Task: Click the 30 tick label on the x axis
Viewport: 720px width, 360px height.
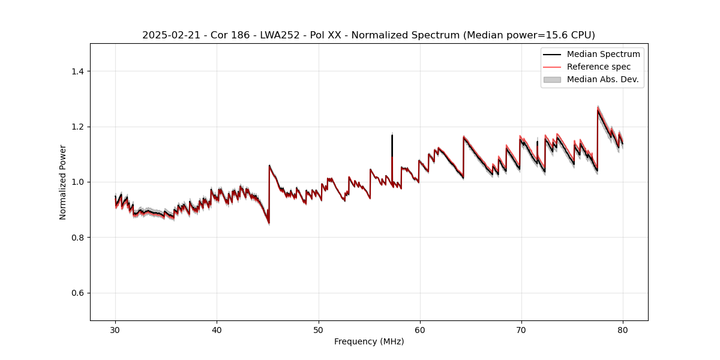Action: coord(116,330)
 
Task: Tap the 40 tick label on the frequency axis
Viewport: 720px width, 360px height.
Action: coord(217,330)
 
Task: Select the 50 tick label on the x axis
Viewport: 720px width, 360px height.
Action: coord(319,330)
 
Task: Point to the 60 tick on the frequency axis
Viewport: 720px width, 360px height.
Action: coord(420,330)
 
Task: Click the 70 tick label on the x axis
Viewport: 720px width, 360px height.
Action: coord(521,330)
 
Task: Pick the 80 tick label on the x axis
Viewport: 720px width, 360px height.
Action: coord(623,330)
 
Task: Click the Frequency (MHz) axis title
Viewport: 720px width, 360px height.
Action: coord(369,342)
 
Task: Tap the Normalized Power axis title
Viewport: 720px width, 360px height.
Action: coord(62,182)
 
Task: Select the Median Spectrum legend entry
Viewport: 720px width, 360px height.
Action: coord(603,54)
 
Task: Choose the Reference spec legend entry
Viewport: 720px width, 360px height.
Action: coord(598,67)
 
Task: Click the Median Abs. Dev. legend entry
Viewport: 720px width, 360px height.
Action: coord(602,79)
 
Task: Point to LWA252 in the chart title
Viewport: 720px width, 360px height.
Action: coord(273,35)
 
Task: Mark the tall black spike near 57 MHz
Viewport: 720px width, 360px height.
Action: coord(392,137)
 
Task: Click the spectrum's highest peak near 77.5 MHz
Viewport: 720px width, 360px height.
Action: coord(598,110)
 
